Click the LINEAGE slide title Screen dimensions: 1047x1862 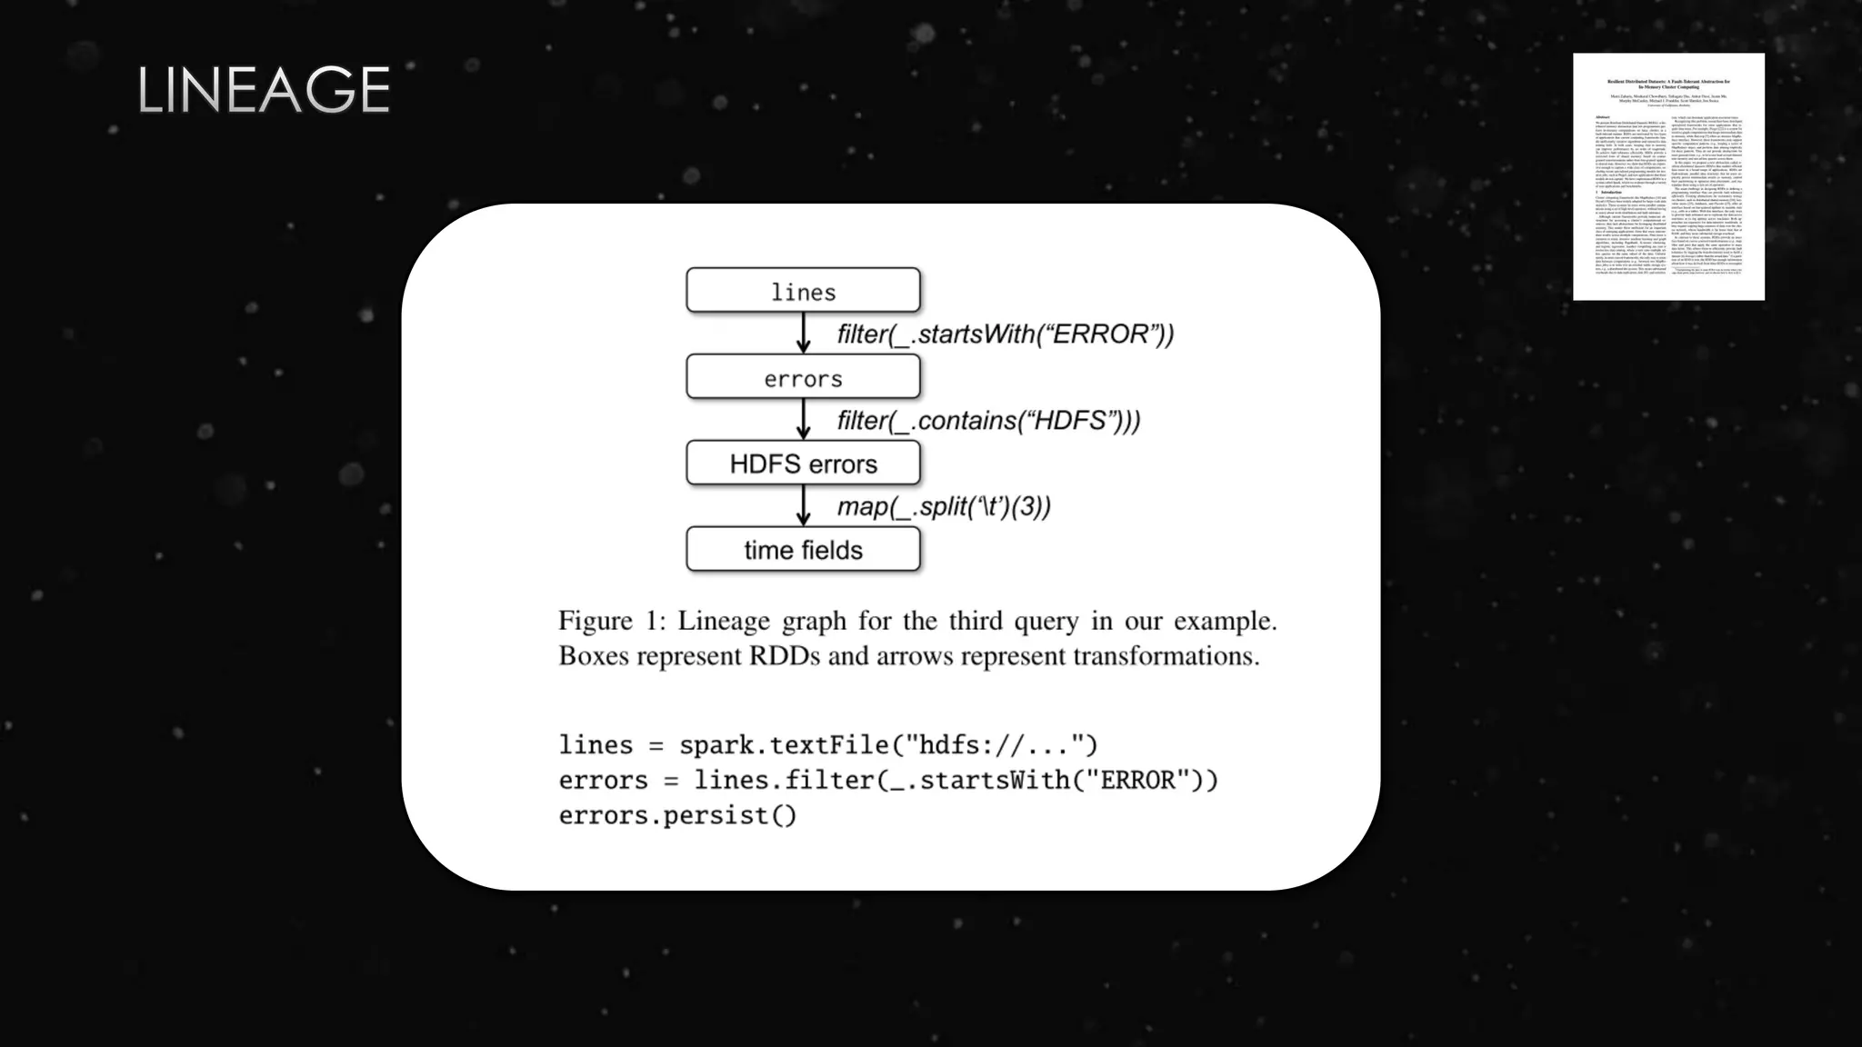point(264,90)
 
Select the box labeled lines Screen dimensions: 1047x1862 point(803,291)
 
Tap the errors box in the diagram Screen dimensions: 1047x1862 point(803,377)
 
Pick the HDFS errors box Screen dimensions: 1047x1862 point(803,464)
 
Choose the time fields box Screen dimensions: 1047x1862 point(803,549)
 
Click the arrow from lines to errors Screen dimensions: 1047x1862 point(803,333)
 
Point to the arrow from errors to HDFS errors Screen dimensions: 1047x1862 point(803,419)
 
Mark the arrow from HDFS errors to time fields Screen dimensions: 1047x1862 point(803,505)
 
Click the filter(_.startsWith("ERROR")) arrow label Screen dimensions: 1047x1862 point(1005,334)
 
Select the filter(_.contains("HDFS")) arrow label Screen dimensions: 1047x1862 point(988,421)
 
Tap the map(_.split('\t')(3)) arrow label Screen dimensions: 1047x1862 point(944,506)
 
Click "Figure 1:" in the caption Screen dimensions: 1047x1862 point(611,621)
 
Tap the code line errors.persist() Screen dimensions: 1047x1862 point(677,815)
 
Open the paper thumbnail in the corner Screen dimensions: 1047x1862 point(1668,176)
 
